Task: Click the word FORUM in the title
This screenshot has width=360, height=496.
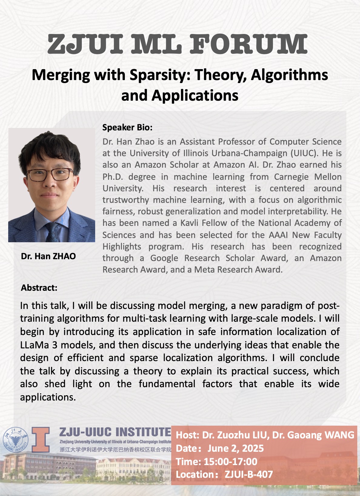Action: tap(249, 45)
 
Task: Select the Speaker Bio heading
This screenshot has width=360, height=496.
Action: tap(127, 127)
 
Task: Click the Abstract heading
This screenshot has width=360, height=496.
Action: tap(39, 287)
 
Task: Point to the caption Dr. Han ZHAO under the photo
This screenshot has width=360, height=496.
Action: tap(48, 256)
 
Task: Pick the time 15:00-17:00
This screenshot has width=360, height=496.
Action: tap(230, 461)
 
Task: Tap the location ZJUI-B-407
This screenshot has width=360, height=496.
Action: tap(249, 474)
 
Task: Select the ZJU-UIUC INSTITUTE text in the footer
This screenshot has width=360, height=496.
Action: tap(115, 432)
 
